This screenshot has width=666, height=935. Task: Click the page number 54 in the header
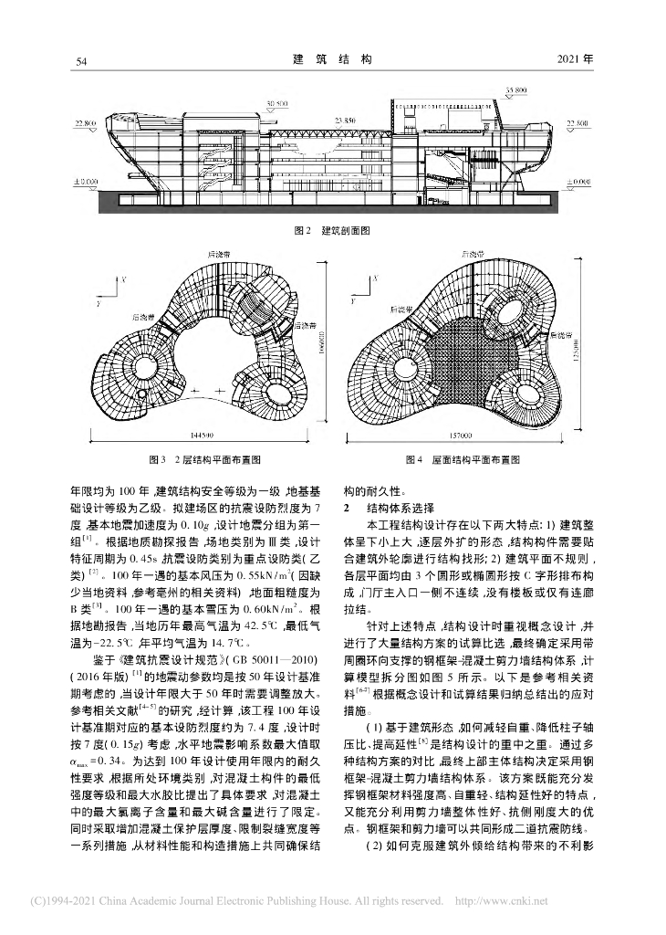coord(80,60)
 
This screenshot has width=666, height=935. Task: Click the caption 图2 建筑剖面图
coord(333,232)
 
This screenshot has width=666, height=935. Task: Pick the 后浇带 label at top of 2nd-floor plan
coord(215,248)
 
